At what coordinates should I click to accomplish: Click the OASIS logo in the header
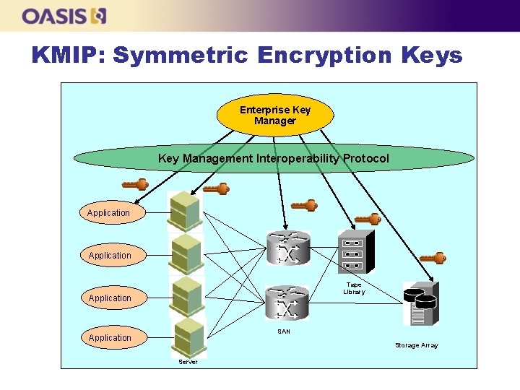(64, 16)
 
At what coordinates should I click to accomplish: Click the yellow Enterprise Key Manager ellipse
(275, 116)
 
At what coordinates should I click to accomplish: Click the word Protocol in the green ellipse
(365, 158)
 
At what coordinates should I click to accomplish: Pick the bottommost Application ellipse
(110, 338)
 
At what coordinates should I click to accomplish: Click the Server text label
(188, 361)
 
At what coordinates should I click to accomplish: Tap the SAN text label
(284, 331)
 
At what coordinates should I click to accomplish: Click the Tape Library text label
(354, 288)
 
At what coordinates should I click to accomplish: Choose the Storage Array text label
(416, 345)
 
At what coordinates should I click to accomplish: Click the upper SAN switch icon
(287, 248)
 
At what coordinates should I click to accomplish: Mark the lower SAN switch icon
(287, 302)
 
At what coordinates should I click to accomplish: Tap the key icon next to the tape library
(367, 219)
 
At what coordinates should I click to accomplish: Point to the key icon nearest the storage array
(433, 258)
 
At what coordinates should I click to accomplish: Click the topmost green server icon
(185, 211)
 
